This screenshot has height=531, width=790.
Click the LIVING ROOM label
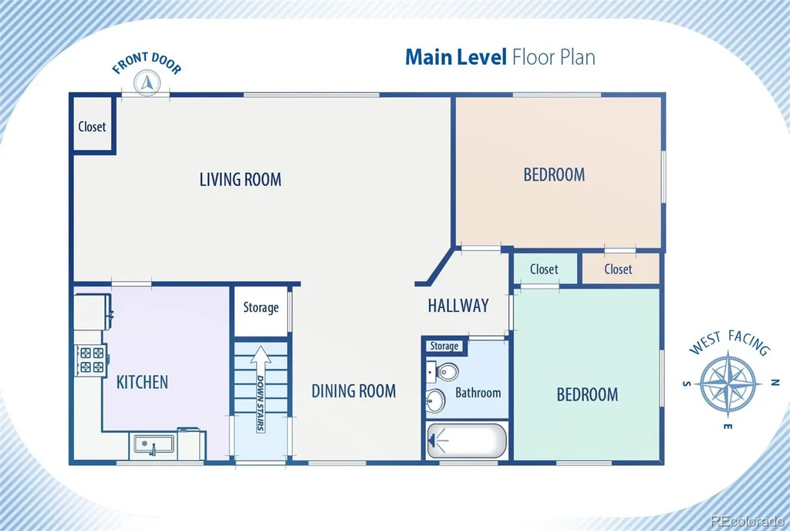(241, 179)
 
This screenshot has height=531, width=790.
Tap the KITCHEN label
(142, 382)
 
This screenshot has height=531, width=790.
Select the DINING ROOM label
(353, 391)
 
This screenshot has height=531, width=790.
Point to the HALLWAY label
(458, 306)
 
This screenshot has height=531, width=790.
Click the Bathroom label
(478, 392)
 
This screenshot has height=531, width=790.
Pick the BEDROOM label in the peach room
(554, 175)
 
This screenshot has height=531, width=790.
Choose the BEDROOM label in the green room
(587, 394)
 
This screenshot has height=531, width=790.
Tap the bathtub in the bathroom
(467, 441)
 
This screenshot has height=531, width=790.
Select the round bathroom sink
(435, 401)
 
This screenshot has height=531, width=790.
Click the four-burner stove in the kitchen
(91, 360)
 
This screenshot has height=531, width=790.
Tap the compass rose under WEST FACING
(730, 384)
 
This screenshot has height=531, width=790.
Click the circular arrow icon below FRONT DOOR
(147, 82)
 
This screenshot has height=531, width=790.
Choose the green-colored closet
(545, 269)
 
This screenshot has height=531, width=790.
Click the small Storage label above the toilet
(444, 346)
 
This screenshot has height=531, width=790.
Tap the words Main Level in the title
(456, 57)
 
